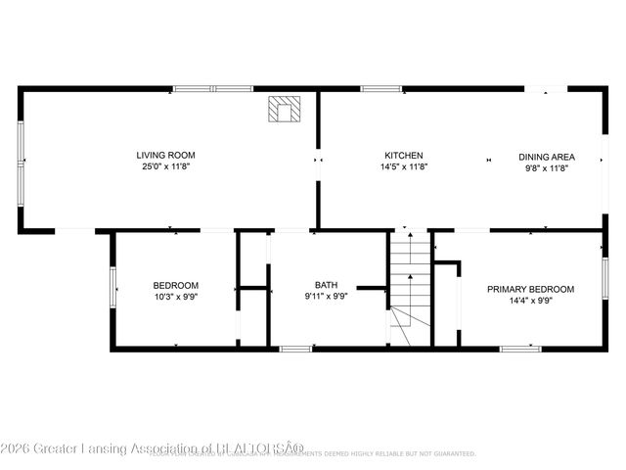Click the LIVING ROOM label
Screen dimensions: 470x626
165,155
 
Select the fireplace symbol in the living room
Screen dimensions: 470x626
286,110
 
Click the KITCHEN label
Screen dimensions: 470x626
403,156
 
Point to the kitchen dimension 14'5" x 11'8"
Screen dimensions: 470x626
403,167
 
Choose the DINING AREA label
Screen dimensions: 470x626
547,157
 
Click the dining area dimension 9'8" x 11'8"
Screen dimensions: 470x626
547,168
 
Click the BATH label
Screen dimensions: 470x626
326,285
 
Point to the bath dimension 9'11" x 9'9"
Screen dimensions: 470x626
326,297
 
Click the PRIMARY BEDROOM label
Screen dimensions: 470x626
531,289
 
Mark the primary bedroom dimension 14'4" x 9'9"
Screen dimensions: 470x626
531,302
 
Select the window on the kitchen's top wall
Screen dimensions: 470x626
380,89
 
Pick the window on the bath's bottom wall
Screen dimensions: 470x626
295,348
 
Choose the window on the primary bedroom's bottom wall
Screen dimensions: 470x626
519,348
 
